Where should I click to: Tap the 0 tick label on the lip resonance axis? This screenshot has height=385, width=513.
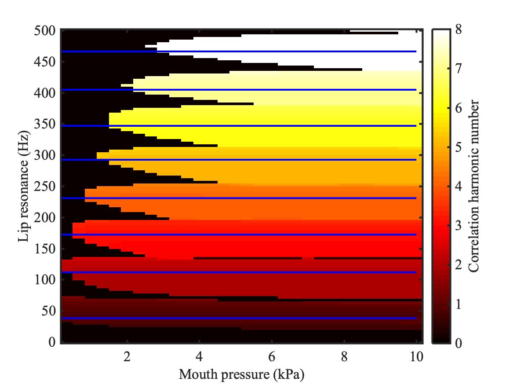click(x=51, y=342)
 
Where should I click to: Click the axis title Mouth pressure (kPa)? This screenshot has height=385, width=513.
click(x=241, y=375)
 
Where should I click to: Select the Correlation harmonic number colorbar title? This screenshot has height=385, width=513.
click(x=474, y=186)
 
